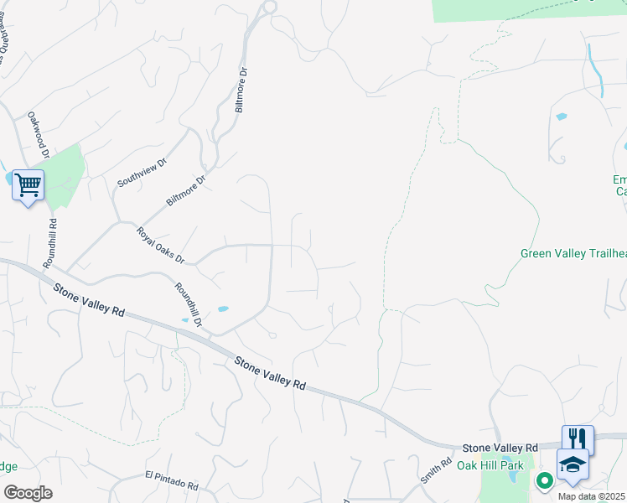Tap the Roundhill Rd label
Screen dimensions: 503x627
[52, 243]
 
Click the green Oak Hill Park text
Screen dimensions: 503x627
[490, 465]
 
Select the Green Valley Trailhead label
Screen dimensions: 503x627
[573, 253]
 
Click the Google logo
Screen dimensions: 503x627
[28, 493]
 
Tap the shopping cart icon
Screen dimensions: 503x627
[28, 184]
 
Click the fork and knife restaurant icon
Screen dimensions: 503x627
[578, 438]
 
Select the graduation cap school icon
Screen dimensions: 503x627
[573, 464]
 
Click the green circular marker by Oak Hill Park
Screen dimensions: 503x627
[544, 480]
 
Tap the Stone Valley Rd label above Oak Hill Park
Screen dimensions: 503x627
[500, 449]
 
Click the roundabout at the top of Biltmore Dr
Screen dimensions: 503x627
[269, 7]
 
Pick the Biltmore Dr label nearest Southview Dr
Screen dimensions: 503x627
[186, 190]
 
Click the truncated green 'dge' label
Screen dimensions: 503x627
[8, 466]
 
